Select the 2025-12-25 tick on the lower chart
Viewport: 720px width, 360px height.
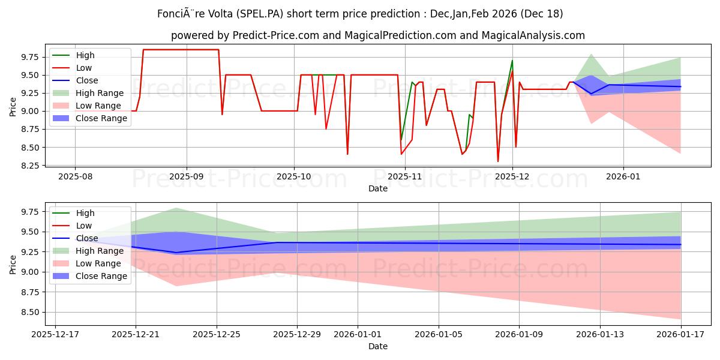click(217, 335)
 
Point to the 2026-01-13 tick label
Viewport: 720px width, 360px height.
click(599, 335)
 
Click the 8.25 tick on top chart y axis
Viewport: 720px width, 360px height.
click(29, 165)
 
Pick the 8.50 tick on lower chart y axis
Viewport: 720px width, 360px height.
click(29, 312)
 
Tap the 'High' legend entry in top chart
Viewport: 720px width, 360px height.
click(85, 55)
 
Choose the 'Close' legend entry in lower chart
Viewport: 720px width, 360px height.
click(86, 238)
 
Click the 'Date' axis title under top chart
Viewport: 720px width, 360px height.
click(378, 188)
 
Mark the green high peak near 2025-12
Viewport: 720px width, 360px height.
click(512, 60)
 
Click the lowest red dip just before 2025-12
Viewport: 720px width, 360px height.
click(497, 161)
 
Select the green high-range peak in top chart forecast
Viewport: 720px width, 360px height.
click(591, 54)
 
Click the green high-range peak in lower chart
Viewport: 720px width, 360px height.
click(176, 208)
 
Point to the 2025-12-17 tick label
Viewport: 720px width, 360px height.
click(55, 335)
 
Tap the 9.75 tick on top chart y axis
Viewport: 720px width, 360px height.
click(29, 57)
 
